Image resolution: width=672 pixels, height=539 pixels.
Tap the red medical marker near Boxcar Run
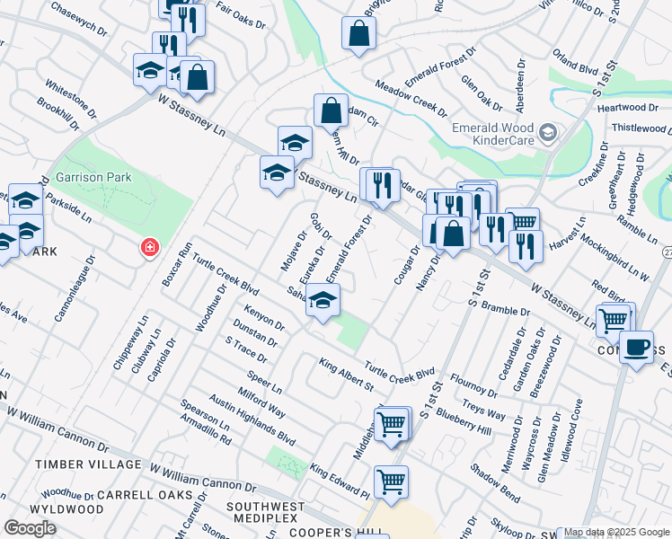pos(150,247)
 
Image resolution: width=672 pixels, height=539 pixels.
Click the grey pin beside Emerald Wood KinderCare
pos(548,135)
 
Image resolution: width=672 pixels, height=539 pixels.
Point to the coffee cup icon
pos(636,347)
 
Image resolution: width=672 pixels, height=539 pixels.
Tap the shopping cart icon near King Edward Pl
pos(391,481)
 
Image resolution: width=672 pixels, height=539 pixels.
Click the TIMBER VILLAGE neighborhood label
pos(88,464)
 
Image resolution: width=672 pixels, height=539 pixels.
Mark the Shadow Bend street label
pos(495,482)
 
